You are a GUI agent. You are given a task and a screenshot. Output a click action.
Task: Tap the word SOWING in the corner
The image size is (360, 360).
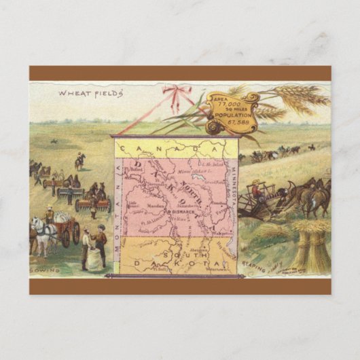(46, 270)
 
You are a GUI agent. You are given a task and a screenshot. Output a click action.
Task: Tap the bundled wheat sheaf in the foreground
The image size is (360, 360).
(308, 248)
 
